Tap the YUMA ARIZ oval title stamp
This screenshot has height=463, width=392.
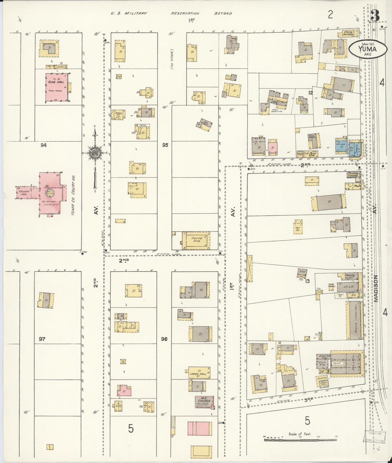[367, 49]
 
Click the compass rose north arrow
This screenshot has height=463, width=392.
[95, 154]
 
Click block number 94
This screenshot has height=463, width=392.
[43, 145]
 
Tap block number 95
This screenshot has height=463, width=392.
[165, 145]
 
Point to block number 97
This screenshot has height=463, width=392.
[42, 339]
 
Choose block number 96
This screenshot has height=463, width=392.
[164, 339]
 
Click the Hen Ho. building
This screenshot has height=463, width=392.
[298, 229]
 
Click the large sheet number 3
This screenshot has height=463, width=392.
[375, 15]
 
